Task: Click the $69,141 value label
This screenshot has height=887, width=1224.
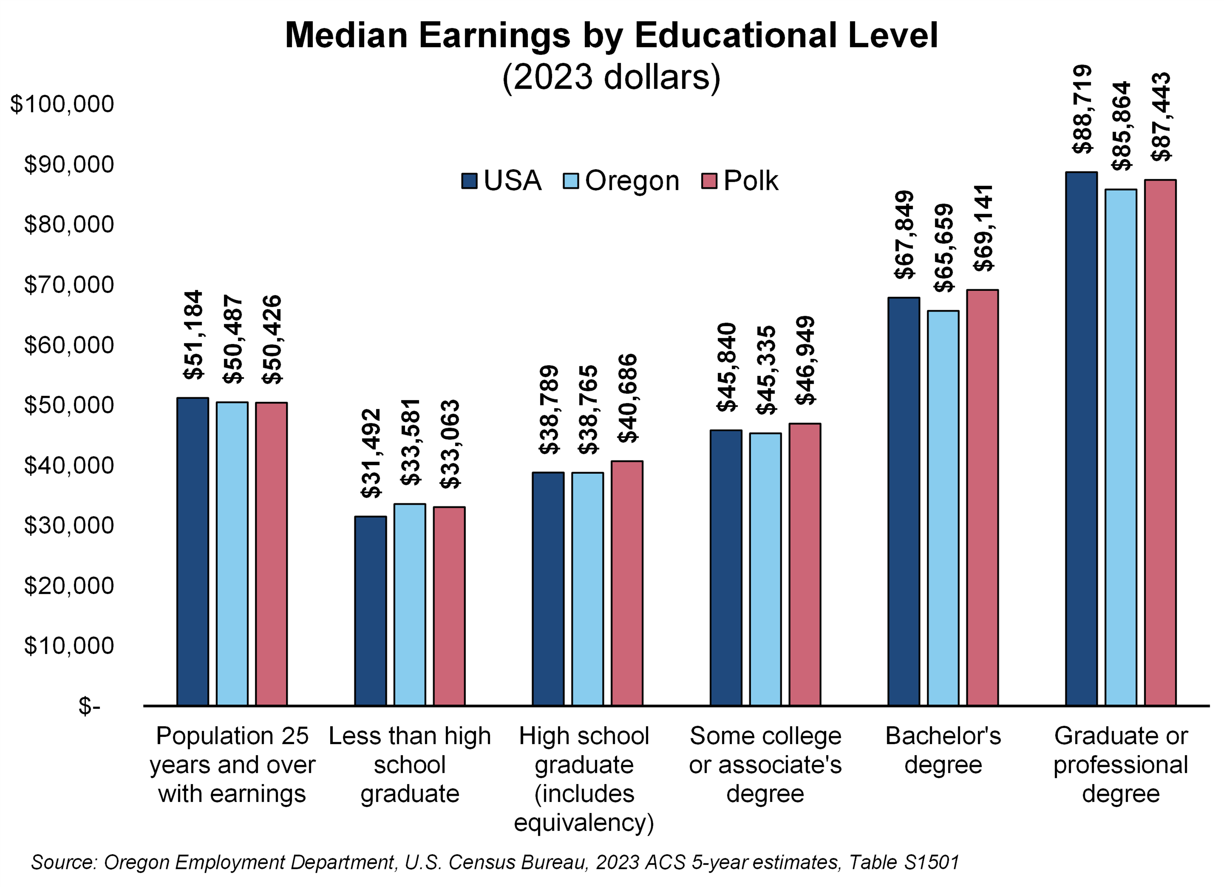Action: click(x=984, y=228)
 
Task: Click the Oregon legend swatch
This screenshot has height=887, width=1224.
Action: click(x=570, y=181)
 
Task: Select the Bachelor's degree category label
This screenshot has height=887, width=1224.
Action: click(x=943, y=750)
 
